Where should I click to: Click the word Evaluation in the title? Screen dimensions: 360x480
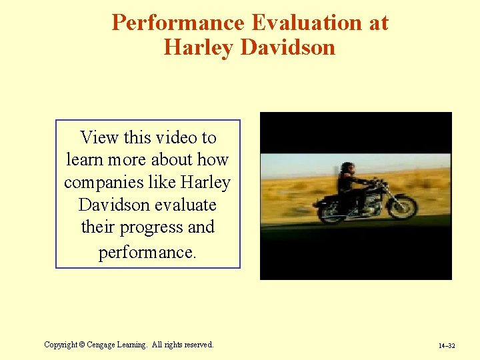[304, 23]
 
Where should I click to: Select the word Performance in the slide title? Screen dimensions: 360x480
[178, 23]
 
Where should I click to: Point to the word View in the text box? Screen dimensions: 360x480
[99, 137]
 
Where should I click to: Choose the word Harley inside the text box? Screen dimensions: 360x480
[205, 182]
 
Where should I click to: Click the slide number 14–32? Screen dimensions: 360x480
[447, 346]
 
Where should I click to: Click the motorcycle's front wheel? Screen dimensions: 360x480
[402, 207]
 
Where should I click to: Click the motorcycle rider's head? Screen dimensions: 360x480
[347, 168]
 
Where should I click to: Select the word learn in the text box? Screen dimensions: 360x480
[83, 160]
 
